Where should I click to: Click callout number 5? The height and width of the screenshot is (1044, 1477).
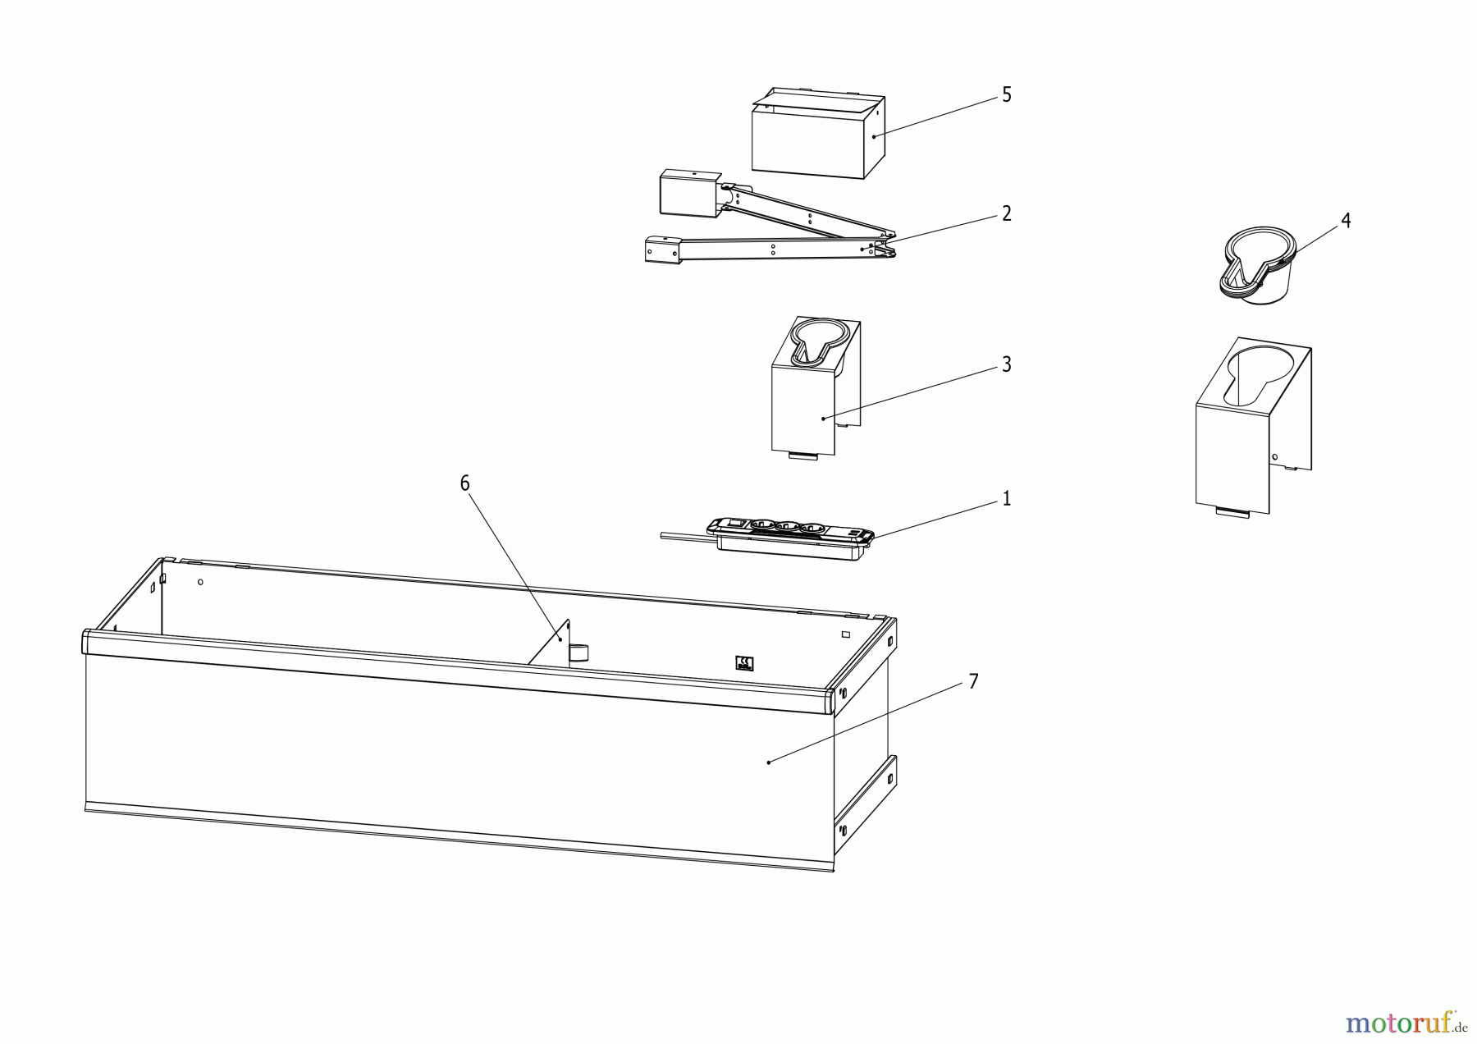[1007, 95]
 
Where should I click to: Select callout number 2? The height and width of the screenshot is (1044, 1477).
[1007, 214]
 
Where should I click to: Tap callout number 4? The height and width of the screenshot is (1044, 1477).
[1346, 221]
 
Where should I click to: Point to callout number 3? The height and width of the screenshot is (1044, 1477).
[1007, 364]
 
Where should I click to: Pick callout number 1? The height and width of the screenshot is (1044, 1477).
[1007, 499]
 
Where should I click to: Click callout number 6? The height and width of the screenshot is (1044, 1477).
[465, 483]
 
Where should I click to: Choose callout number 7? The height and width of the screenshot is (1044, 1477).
[973, 682]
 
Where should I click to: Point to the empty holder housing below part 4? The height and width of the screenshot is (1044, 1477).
[1251, 427]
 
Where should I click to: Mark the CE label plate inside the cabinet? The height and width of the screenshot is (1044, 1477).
[746, 663]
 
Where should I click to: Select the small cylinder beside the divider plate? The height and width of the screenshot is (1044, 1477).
[579, 652]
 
